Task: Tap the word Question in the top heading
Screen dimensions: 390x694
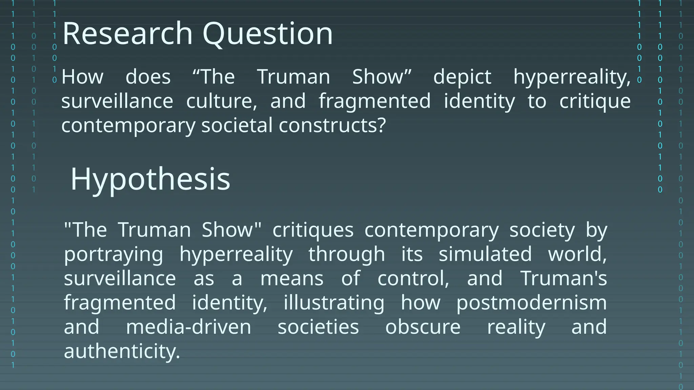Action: click(x=268, y=34)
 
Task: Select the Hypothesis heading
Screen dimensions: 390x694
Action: click(x=150, y=179)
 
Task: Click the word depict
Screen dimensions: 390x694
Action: click(x=462, y=77)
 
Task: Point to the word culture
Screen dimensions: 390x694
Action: click(x=222, y=101)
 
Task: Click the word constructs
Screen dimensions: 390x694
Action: click(x=332, y=125)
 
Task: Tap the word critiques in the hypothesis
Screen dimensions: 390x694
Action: click(x=313, y=230)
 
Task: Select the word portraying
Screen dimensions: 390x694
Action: click(x=114, y=255)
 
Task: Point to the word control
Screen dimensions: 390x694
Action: click(x=413, y=278)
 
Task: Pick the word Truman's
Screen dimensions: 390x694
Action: click(x=564, y=278)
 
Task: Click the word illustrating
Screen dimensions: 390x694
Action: click(x=334, y=302)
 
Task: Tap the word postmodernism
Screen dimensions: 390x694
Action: click(x=531, y=302)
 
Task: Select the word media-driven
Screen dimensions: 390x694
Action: click(x=188, y=327)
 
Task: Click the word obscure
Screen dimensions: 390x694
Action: click(x=423, y=327)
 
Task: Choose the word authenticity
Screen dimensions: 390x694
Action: click(x=122, y=351)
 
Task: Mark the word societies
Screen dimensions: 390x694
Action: click(x=318, y=327)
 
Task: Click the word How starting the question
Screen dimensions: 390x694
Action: click(x=82, y=77)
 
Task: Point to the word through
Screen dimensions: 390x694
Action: click(x=347, y=255)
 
